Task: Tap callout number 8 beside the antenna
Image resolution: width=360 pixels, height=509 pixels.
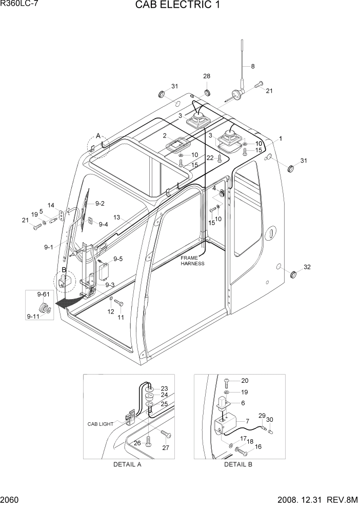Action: click(x=252, y=66)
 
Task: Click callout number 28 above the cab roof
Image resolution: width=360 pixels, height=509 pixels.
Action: click(x=207, y=76)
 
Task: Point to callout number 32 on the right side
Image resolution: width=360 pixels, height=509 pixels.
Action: click(x=308, y=267)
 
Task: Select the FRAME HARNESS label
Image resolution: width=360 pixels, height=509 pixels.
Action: click(x=192, y=260)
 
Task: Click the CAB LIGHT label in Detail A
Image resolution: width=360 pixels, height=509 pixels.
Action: click(x=99, y=424)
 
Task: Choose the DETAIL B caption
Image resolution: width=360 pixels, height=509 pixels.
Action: click(x=238, y=465)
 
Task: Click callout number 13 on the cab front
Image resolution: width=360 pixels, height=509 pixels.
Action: click(x=117, y=218)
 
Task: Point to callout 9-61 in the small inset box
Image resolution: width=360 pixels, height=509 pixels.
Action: click(x=43, y=294)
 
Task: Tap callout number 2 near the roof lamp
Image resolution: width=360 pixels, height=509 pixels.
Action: click(x=165, y=136)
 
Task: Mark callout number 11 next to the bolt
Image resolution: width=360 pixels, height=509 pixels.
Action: click(x=121, y=317)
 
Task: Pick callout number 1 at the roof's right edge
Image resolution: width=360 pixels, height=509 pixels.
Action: click(x=281, y=139)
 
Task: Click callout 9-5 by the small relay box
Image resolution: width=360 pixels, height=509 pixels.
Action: click(x=118, y=259)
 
